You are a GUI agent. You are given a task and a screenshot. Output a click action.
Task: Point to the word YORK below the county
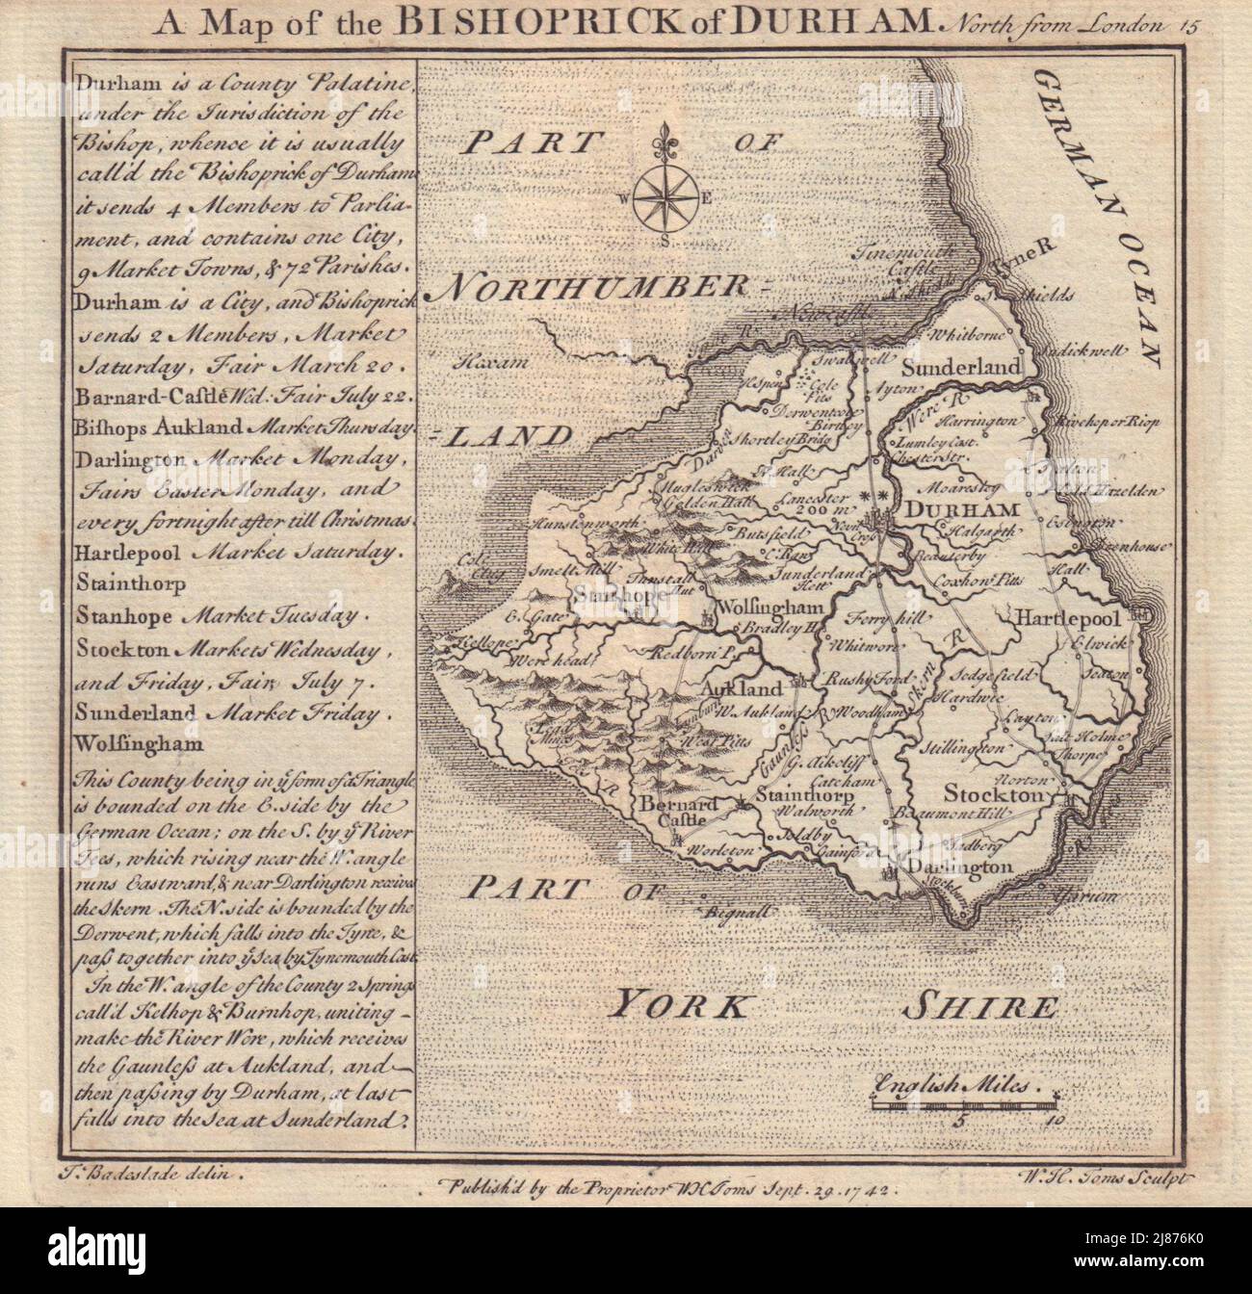pyautogui.click(x=680, y=1008)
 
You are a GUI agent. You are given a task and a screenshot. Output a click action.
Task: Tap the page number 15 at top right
pyautogui.click(x=1183, y=27)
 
